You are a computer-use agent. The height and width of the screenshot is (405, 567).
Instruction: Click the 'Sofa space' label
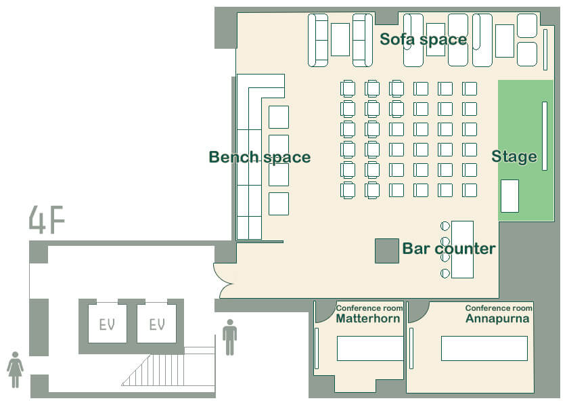(x=423, y=39)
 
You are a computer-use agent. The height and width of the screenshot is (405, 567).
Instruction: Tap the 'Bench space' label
(x=260, y=157)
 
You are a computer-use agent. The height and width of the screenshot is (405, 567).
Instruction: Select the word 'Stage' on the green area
(x=514, y=156)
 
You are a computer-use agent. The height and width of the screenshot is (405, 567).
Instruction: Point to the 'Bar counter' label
(x=449, y=249)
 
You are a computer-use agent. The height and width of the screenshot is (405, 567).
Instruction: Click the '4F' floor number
(x=47, y=219)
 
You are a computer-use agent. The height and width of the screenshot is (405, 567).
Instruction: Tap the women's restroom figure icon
(x=15, y=370)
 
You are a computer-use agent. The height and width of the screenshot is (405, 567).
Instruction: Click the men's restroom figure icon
(x=229, y=337)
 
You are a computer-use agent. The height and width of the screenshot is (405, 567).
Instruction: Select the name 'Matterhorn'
(x=368, y=318)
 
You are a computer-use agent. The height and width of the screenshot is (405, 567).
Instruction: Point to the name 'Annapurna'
(x=497, y=318)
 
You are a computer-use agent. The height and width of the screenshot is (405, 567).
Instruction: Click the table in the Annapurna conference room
(x=484, y=348)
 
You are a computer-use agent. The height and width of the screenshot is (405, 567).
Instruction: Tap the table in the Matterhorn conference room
(x=370, y=348)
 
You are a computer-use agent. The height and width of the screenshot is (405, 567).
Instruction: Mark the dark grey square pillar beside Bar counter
(x=386, y=251)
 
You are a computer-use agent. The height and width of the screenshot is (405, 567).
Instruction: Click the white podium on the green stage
(x=509, y=196)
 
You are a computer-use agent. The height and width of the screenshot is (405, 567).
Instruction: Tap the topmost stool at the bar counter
(x=445, y=226)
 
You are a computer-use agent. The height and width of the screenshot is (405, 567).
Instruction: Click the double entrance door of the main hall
(x=225, y=281)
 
